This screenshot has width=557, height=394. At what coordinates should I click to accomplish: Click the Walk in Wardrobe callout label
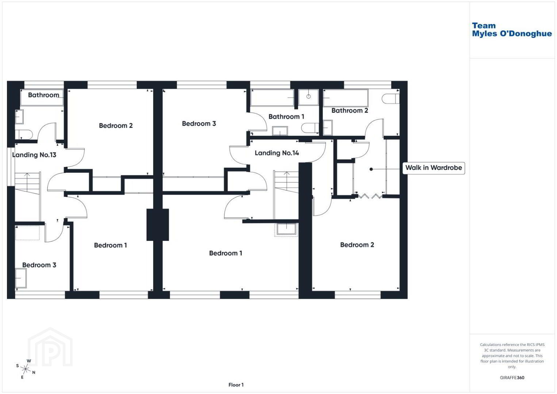[x=433, y=168]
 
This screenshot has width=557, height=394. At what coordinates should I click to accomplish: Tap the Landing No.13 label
[x=34, y=155]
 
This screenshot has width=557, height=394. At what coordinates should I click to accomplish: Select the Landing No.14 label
[x=277, y=153]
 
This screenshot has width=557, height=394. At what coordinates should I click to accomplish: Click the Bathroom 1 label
[x=286, y=117]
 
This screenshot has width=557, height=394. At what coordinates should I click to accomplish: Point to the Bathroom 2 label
[x=350, y=111]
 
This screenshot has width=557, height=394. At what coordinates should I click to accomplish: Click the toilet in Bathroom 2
[x=391, y=99]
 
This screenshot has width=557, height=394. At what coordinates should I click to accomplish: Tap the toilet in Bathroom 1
[x=310, y=128]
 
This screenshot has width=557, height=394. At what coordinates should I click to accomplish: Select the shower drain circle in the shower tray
[x=308, y=96]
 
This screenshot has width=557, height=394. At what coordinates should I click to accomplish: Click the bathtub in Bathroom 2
[x=345, y=98]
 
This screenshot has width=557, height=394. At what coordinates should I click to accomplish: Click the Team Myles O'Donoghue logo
[x=511, y=30]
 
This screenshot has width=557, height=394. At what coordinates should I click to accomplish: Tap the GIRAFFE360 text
[x=512, y=378]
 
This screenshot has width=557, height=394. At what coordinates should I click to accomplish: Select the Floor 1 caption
[x=236, y=385]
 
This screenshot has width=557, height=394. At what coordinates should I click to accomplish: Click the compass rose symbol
[x=26, y=369]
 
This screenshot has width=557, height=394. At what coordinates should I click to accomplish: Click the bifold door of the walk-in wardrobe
[x=370, y=196]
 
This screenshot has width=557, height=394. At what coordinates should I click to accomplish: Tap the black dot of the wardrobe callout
[x=371, y=169]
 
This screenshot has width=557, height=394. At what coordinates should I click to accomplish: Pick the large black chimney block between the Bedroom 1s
[x=158, y=225]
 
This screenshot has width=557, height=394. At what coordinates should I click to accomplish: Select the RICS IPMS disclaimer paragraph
[x=512, y=355]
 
